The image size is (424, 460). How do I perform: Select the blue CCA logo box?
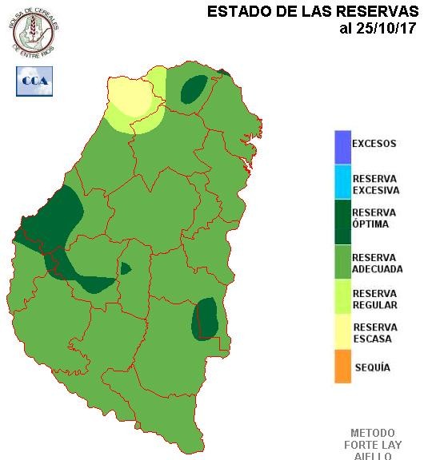(34, 81)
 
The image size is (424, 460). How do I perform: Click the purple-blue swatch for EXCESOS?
(342, 145)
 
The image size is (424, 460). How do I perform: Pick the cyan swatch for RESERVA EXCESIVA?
(342, 182)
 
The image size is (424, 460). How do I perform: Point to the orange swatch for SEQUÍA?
(342, 367)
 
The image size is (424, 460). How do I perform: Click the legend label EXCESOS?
(374, 145)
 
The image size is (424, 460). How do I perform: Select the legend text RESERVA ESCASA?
(375, 332)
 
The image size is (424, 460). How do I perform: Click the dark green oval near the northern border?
(193, 90)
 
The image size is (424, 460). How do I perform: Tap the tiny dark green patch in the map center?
(125, 268)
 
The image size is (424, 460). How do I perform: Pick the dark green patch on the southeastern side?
(206, 318)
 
